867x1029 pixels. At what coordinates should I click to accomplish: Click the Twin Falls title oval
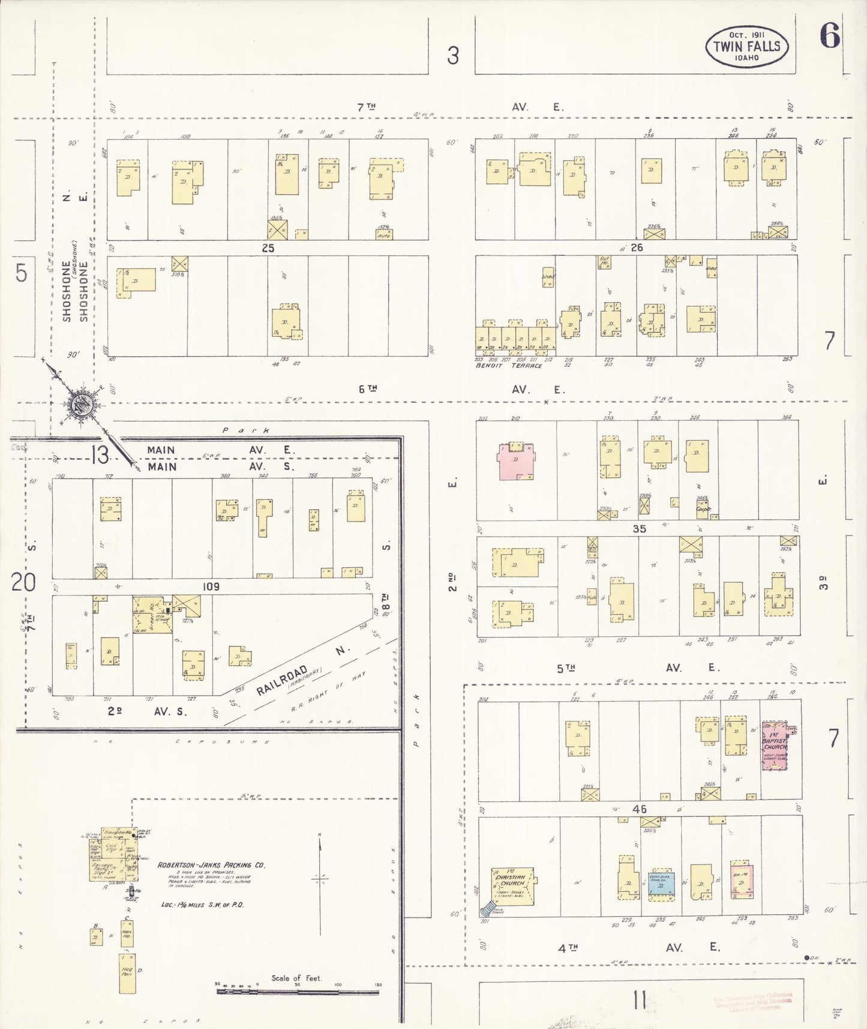point(746,46)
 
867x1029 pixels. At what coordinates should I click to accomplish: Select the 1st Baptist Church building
point(775,745)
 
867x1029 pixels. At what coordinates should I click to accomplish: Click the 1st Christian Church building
point(512,885)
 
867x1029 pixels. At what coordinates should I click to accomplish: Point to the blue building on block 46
point(661,883)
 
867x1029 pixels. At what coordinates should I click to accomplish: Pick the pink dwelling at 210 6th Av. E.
point(515,461)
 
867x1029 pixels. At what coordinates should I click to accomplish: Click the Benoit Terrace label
point(508,366)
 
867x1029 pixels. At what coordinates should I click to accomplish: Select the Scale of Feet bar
point(298,991)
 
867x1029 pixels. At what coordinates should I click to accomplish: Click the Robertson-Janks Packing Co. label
point(211,865)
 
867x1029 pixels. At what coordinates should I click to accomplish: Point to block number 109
point(211,587)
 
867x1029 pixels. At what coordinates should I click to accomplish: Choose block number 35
point(639,528)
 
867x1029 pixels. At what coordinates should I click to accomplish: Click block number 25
point(268,248)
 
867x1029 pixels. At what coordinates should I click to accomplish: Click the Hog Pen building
point(127,973)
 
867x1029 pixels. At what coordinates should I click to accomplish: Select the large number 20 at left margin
point(23,582)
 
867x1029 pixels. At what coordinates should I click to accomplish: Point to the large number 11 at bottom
point(639,1001)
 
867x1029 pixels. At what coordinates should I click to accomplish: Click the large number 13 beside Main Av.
point(100,456)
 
